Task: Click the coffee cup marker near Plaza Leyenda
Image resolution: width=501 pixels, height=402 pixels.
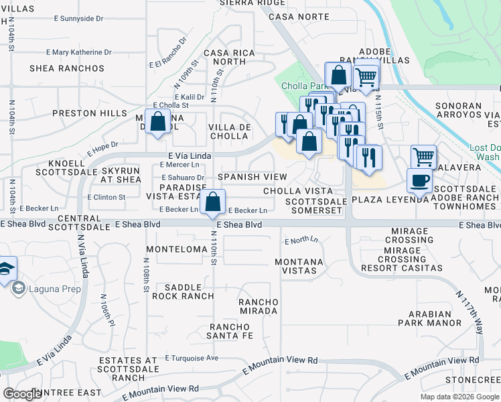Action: [x=419, y=180]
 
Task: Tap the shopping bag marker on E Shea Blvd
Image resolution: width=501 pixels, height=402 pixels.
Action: [x=213, y=202]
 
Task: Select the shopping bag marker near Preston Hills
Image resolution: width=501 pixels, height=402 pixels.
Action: [x=158, y=123]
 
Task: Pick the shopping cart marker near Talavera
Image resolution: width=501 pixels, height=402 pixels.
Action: [x=423, y=157]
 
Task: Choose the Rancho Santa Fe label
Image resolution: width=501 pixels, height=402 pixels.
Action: [x=230, y=330]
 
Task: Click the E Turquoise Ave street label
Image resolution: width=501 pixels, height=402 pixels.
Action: [x=192, y=358]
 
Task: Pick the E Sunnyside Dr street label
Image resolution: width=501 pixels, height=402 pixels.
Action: [x=82, y=19]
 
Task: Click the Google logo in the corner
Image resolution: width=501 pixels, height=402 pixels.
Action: [x=23, y=393]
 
